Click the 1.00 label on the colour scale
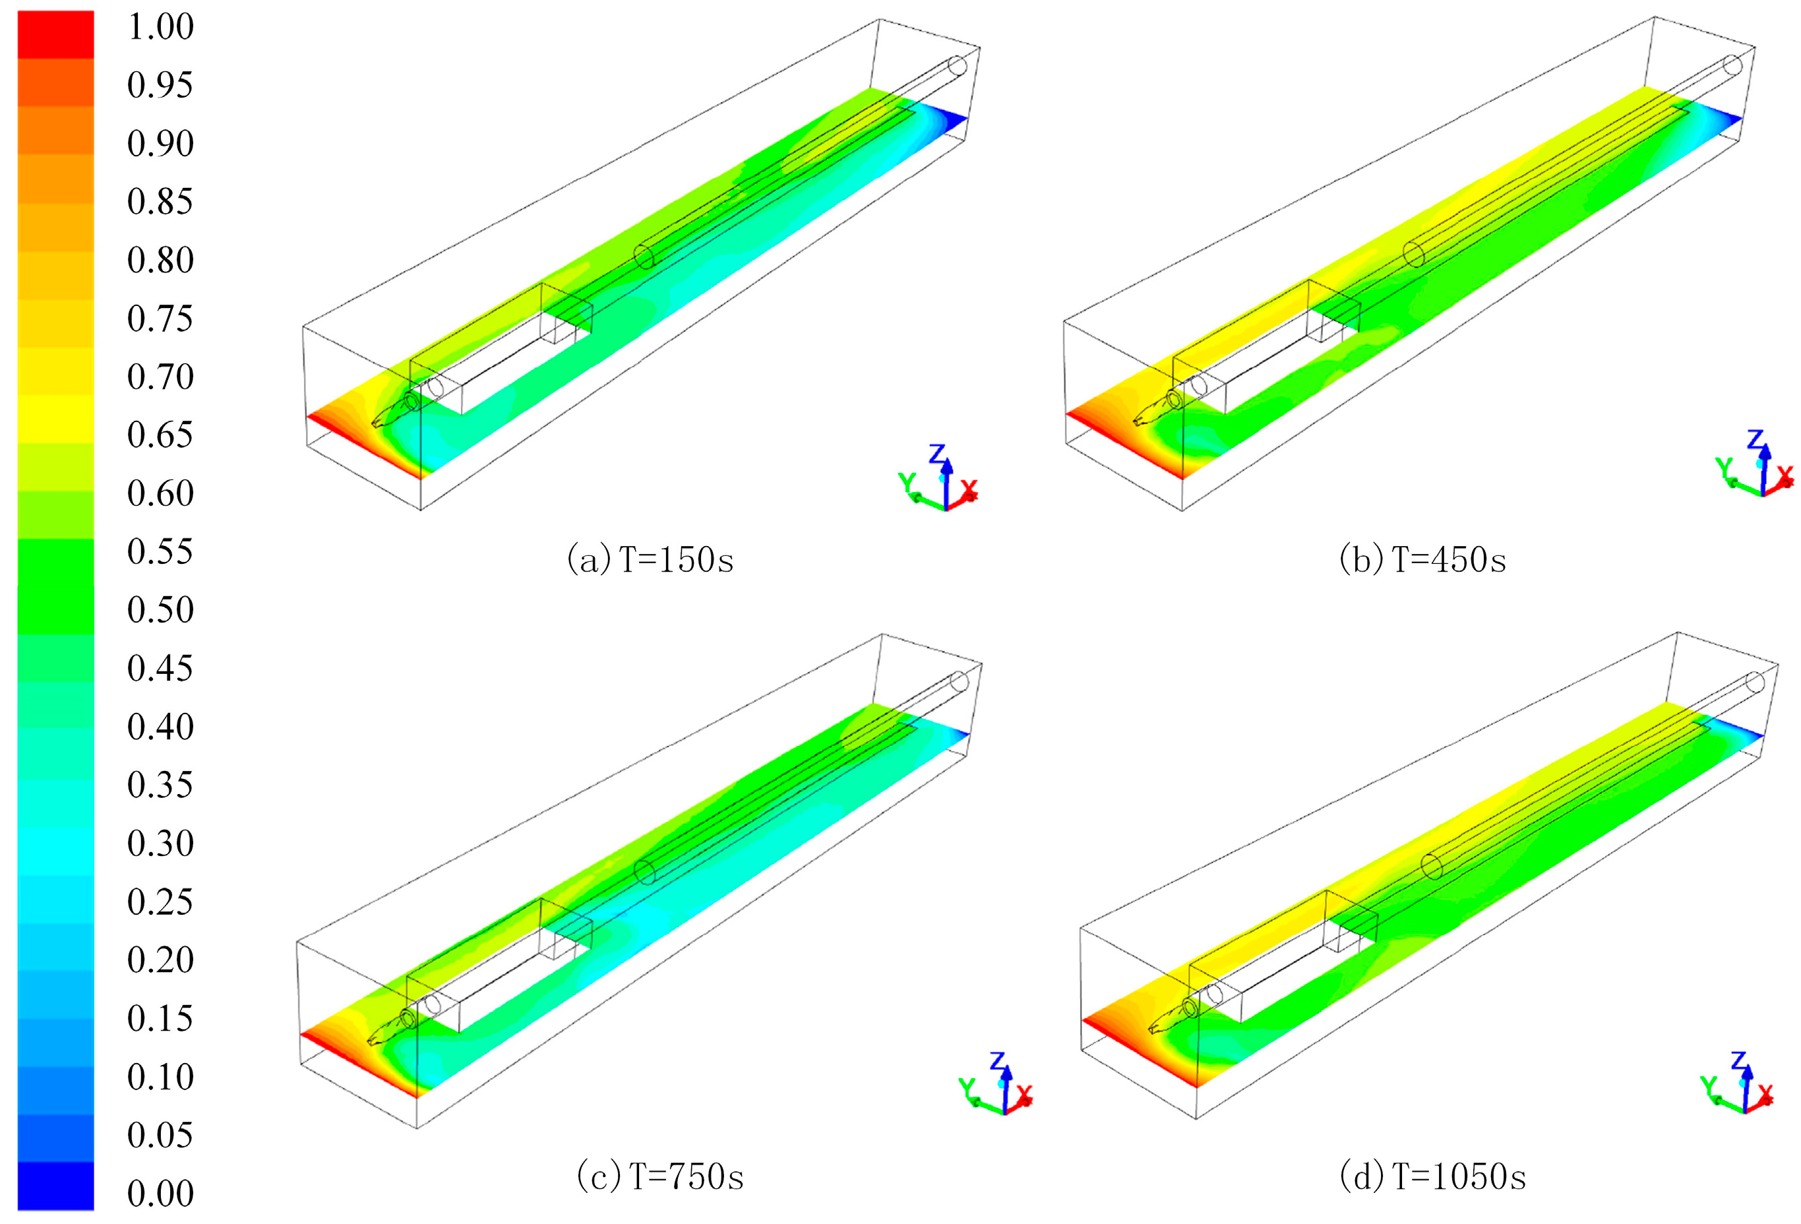pos(160,26)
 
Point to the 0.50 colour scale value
pos(160,609)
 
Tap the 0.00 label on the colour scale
pos(160,1193)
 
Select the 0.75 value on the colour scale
pos(160,318)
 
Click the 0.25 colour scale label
pos(160,902)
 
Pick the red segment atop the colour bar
pos(56,35)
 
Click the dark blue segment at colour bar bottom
pos(56,1185)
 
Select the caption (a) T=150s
pos(650,560)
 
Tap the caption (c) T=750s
pos(660,1177)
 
